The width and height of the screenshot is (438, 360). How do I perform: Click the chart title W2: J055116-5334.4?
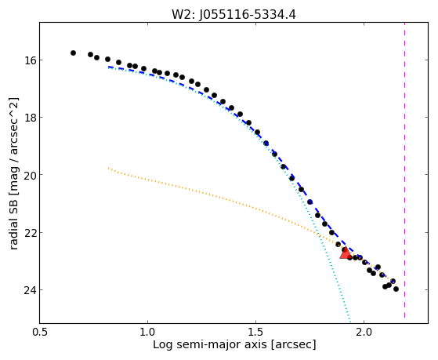coord(233,14)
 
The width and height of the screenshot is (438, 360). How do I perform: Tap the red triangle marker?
coord(346,253)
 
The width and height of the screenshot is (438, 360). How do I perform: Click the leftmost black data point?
coord(73,53)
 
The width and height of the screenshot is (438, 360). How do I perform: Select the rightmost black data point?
coord(396,289)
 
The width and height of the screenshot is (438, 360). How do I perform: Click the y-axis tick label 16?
coord(29,60)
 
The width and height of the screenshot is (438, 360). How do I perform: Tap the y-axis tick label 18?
coord(29,118)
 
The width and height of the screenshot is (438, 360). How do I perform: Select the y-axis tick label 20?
coord(29,175)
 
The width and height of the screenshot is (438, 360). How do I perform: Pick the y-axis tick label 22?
coord(29,233)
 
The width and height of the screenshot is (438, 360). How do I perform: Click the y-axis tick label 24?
coord(29,290)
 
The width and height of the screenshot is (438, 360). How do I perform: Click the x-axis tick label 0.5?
coord(39,332)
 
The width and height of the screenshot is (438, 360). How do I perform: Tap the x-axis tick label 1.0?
coord(147,332)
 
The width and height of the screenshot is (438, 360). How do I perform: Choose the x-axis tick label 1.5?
coord(255,332)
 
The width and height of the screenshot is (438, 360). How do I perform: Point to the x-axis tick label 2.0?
coord(364,332)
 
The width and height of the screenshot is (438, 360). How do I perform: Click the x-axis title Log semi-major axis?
coord(210,345)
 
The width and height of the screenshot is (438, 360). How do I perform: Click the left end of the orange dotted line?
coord(108,168)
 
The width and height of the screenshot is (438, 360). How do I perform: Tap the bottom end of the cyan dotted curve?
coord(350,322)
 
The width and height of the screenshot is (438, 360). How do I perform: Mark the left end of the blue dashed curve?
coord(109,67)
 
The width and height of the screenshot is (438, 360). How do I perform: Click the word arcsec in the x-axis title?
coord(292,345)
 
